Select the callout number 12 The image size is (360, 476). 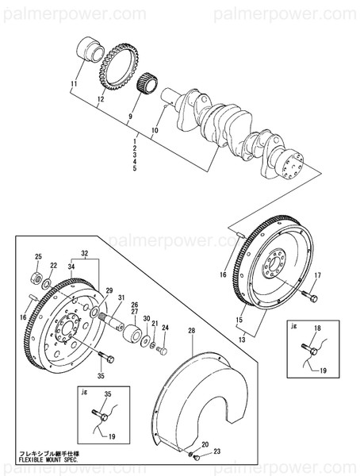[x=101, y=101]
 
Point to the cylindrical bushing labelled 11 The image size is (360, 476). [x=92, y=50]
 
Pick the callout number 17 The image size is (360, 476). [x=317, y=276]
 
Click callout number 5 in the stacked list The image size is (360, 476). [x=136, y=169]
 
